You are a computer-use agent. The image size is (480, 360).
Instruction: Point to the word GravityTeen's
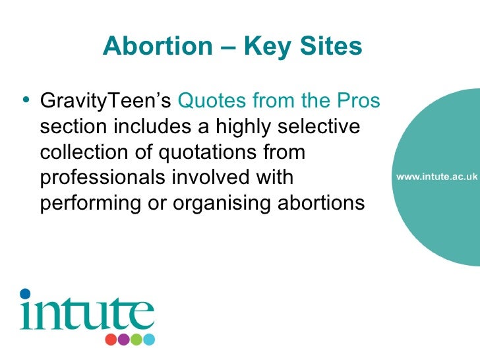106,102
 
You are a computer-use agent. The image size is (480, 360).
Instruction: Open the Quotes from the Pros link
280,102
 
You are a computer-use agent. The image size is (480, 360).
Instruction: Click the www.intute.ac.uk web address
436,177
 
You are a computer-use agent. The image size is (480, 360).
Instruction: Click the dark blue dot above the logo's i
25,293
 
